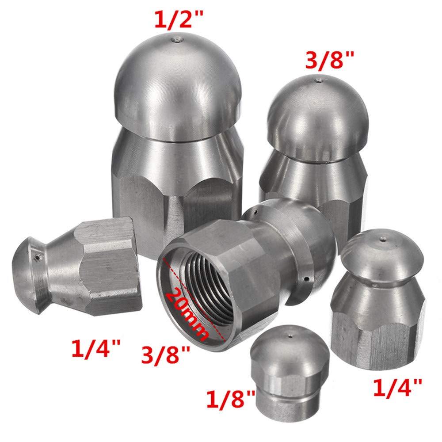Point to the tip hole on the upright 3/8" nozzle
tap(318, 80)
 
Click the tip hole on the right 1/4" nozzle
tap(383, 240)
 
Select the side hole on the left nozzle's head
tap(37, 256)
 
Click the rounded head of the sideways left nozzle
tap(29, 274)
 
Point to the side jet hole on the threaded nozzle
tap(306, 278)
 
